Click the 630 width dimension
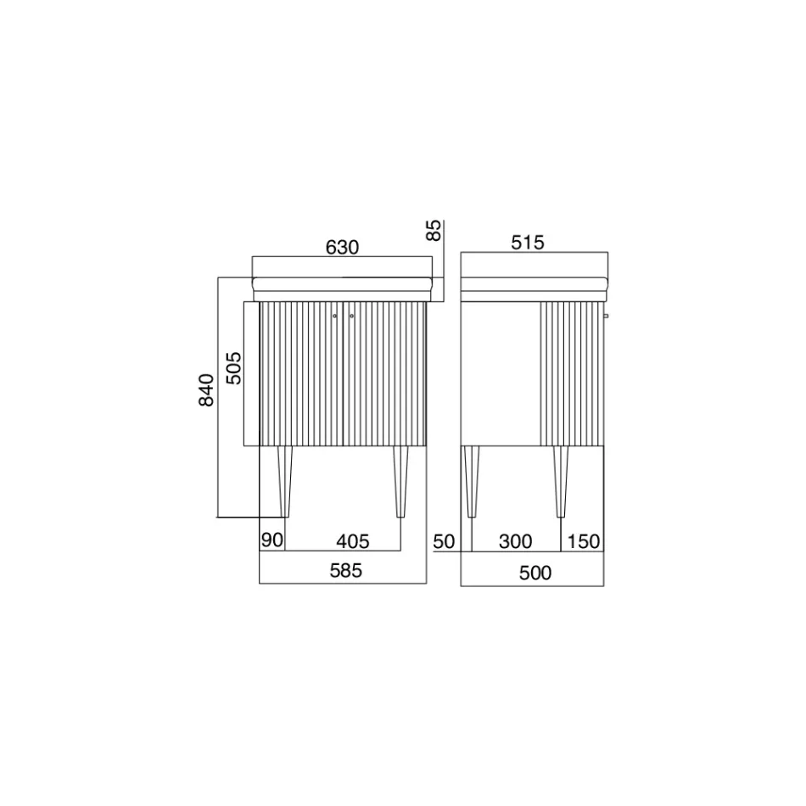tap(342, 248)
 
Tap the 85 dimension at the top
tap(434, 230)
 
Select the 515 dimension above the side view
tap(528, 242)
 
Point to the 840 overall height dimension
tap(206, 390)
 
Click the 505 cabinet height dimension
tap(233, 368)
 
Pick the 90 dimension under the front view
tap(272, 540)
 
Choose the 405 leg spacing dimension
tap(353, 541)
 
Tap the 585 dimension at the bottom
tap(346, 571)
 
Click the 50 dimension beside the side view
tap(444, 541)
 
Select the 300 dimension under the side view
tap(516, 541)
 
